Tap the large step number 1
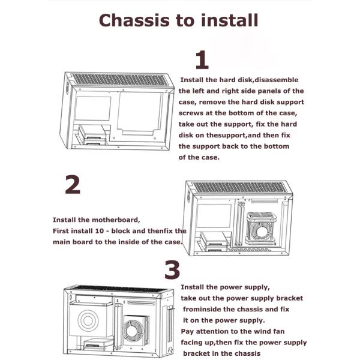(x=202, y=60)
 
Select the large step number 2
(x=73, y=185)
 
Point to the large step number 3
(x=172, y=269)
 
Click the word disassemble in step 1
(x=277, y=80)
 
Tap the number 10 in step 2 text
(x=100, y=231)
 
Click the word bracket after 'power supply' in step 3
(x=290, y=298)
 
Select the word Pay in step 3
(x=187, y=332)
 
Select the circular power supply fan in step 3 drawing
(x=88, y=320)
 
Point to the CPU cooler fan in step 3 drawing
(x=135, y=331)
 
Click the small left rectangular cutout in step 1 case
(x=93, y=108)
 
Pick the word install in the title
(x=230, y=20)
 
